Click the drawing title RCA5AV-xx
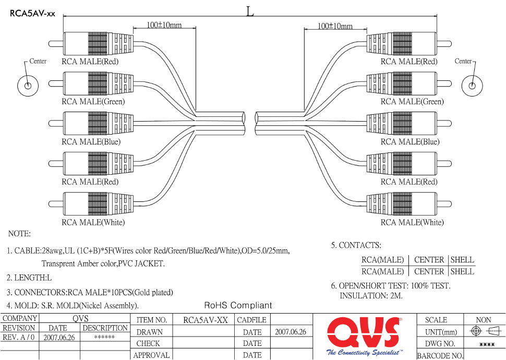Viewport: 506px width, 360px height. tap(32, 14)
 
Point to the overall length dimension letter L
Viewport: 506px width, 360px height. tap(250, 11)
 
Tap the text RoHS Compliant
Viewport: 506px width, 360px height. tap(238, 305)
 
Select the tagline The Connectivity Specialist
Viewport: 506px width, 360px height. tap(364, 353)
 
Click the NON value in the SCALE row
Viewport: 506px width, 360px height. tap(483, 320)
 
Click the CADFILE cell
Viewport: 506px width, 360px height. tap(251, 320)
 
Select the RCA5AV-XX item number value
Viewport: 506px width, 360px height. tap(206, 320)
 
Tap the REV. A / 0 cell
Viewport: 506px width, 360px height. tap(19, 338)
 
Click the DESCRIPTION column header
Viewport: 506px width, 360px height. tap(105, 328)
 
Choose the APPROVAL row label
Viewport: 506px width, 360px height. tap(152, 355)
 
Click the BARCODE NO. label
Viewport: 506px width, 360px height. tap(440, 356)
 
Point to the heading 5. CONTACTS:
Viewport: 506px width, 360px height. tap(356, 245)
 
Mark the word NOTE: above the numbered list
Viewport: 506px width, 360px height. tap(19, 234)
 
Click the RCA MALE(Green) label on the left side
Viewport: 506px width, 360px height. tap(93, 101)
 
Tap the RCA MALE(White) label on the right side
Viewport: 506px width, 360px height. tap(412, 222)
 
